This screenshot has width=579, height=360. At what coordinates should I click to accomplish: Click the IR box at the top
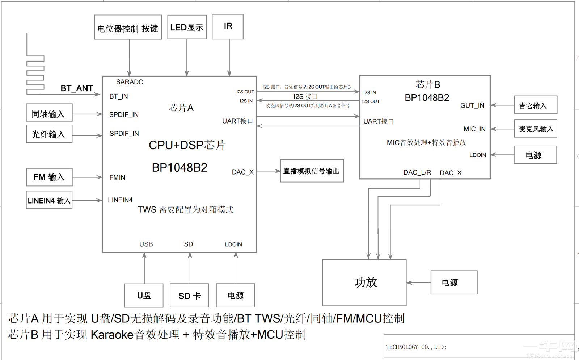(x=228, y=26)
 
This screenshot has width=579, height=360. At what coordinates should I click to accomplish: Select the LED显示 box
(x=187, y=27)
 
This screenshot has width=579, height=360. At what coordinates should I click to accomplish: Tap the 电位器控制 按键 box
(x=128, y=28)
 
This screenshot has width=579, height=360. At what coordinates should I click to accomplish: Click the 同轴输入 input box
(x=49, y=113)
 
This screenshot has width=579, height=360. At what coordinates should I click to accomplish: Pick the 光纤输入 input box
(x=49, y=134)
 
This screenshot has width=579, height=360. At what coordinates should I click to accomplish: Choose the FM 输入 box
(x=49, y=177)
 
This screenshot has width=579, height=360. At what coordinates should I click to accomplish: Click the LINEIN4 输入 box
(x=49, y=200)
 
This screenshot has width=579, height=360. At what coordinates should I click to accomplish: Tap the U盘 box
(x=144, y=296)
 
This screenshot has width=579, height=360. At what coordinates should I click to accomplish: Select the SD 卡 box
(x=189, y=296)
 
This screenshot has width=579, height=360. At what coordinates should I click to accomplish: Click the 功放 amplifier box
(x=364, y=282)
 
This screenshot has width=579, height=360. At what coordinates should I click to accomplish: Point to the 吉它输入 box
(x=535, y=105)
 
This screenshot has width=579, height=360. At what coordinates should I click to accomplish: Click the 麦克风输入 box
(x=535, y=129)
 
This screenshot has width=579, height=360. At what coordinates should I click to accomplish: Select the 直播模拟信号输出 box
(x=312, y=171)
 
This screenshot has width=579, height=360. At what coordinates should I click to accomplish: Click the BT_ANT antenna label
(x=77, y=88)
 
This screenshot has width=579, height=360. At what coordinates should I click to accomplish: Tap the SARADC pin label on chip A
(x=130, y=82)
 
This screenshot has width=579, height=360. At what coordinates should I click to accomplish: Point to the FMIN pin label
(x=117, y=177)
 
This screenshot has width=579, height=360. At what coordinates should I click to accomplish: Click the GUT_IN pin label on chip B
(x=472, y=105)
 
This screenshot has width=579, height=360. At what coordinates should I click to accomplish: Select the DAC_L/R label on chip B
(x=417, y=172)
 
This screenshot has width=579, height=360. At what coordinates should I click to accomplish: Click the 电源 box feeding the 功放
(x=454, y=282)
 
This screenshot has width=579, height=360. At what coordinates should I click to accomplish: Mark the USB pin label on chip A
(x=146, y=244)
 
